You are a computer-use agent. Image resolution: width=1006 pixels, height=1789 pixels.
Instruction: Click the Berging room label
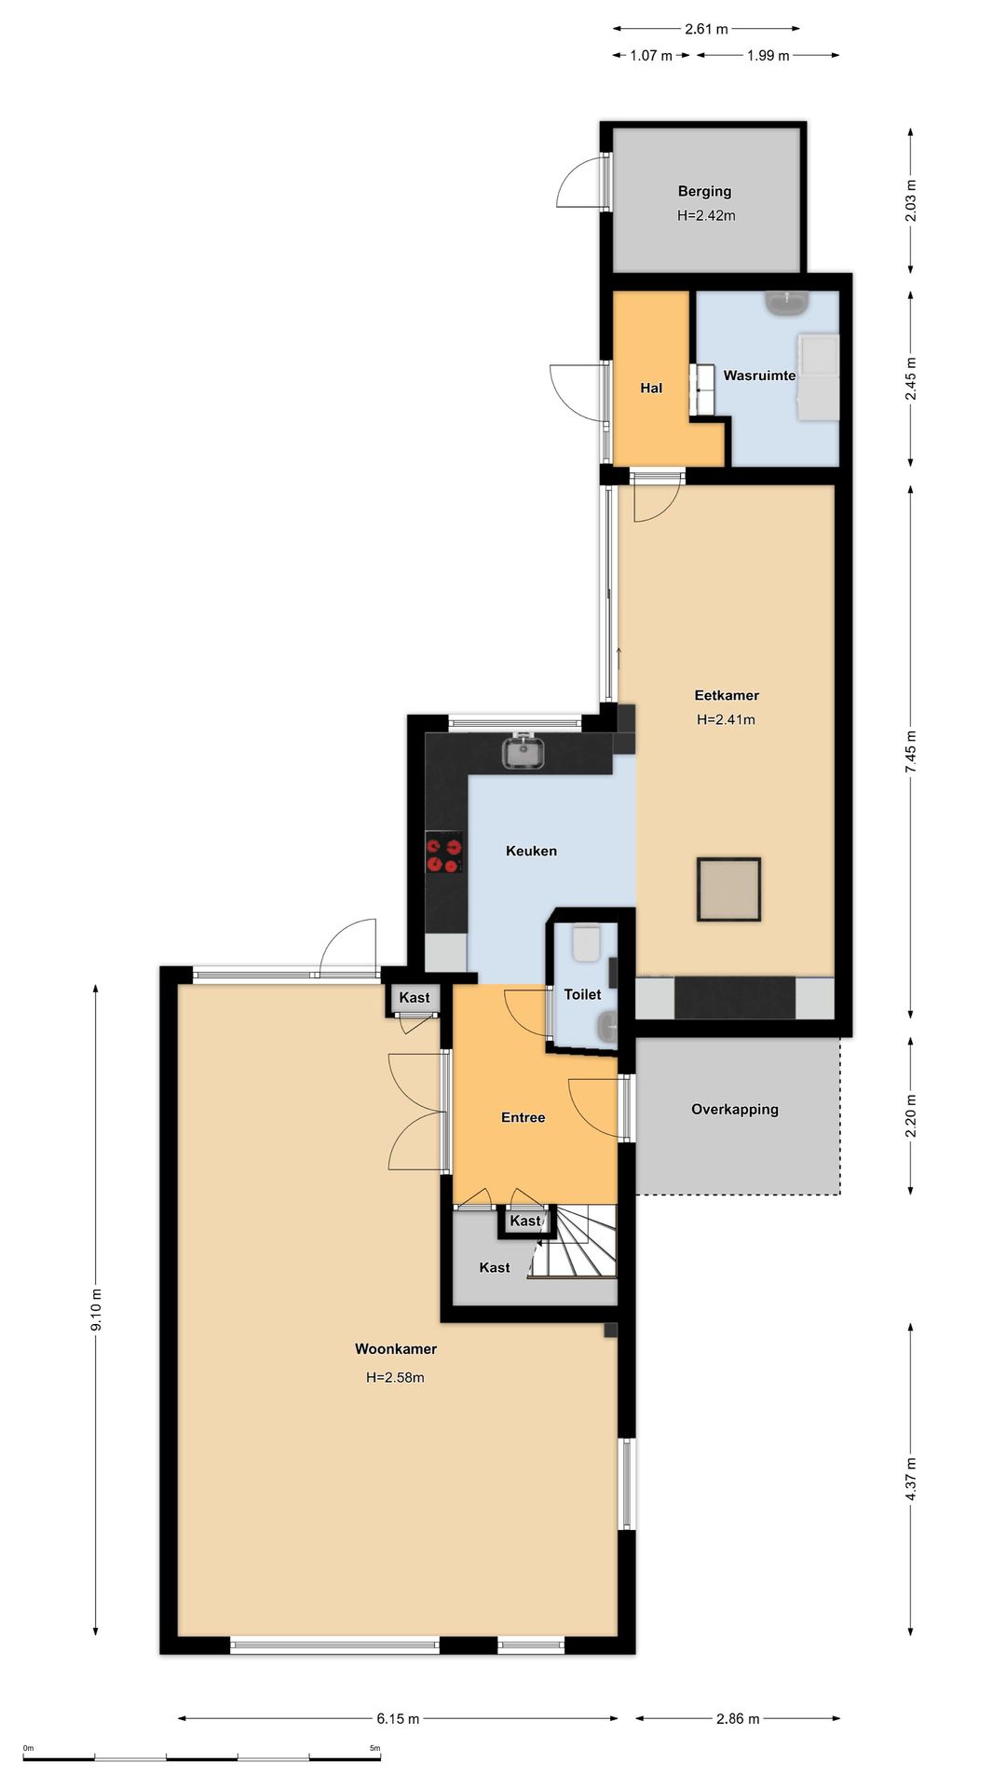[x=704, y=192]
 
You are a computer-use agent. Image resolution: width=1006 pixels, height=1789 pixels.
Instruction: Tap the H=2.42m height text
[x=706, y=215]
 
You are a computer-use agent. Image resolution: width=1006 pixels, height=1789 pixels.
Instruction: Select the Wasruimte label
[x=759, y=376]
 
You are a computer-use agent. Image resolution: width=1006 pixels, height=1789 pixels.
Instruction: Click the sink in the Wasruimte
[x=787, y=302]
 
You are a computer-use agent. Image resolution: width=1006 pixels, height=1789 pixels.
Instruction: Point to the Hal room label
[x=651, y=388]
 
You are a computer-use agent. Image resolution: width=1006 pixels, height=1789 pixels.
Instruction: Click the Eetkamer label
[x=727, y=695]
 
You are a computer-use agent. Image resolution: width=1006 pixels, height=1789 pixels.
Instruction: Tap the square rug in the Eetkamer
[x=728, y=889]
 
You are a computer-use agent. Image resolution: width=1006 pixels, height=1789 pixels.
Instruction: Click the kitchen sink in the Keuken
[x=524, y=751]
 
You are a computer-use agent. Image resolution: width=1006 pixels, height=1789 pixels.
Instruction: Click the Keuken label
[x=531, y=851]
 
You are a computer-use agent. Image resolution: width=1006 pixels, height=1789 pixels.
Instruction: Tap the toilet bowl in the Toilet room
[x=587, y=942]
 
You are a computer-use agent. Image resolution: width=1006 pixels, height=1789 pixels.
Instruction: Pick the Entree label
[x=523, y=1117]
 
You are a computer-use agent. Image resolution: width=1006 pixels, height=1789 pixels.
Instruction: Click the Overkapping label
[x=735, y=1109]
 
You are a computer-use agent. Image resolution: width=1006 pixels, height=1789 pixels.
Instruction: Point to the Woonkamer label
[x=396, y=1348]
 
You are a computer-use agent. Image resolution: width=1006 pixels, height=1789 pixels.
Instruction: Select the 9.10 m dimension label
[x=96, y=1312]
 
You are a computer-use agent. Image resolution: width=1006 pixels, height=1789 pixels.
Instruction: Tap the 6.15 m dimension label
[x=398, y=1718]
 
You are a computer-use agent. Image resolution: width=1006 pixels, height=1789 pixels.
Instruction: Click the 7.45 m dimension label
[x=910, y=749]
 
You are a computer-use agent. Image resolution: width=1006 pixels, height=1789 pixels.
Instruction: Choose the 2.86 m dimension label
[x=738, y=1718]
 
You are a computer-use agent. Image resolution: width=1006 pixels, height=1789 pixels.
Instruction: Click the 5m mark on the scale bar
[x=374, y=1748]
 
